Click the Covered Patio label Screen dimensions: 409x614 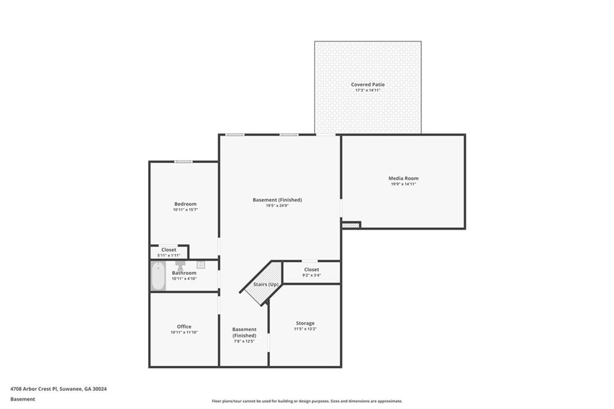pyautogui.click(x=368, y=85)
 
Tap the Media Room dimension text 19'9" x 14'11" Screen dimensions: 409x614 pyautogui.click(x=403, y=184)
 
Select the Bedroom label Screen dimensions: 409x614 pyautogui.click(x=185, y=204)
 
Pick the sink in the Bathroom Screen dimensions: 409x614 pyautogui.click(x=201, y=264)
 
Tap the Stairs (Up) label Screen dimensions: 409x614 pyautogui.click(x=266, y=284)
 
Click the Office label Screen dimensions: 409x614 pyautogui.click(x=184, y=327)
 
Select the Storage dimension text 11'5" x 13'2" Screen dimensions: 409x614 pyautogui.click(x=305, y=329)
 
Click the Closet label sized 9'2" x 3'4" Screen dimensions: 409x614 pyautogui.click(x=311, y=270)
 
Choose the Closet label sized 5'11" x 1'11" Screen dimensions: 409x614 pyautogui.click(x=168, y=249)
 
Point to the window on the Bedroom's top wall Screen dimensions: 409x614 pyautogui.click(x=183, y=162)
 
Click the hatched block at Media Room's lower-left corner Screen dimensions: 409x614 pyautogui.click(x=351, y=225)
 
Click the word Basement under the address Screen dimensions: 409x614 pyautogui.click(x=23, y=398)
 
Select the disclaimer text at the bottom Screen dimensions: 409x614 pyautogui.click(x=306, y=401)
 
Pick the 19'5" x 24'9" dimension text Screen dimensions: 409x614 pyautogui.click(x=277, y=206)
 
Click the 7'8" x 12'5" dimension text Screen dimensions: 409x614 pyautogui.click(x=244, y=341)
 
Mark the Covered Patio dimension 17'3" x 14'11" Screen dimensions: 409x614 pyautogui.click(x=368, y=91)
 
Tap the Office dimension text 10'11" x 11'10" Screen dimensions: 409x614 pyautogui.click(x=184, y=332)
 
